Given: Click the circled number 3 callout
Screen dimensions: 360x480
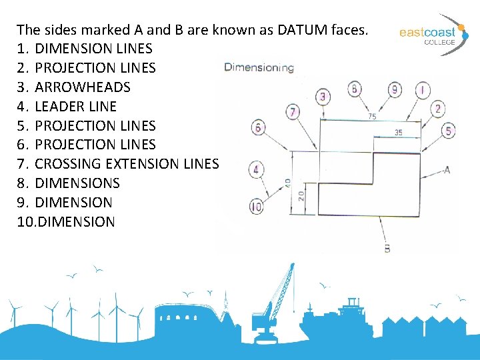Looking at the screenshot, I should pos(324,97).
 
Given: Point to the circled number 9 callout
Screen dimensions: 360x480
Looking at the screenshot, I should pos(395,89).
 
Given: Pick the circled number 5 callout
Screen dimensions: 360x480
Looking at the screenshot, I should pos(449,131).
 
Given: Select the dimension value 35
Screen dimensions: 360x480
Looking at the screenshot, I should pos(398,133).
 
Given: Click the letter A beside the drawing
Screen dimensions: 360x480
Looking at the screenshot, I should pos(446,170).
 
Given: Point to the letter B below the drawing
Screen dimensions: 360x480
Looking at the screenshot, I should pos(387,248).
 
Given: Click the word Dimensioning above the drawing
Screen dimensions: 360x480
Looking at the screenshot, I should pos(259,67).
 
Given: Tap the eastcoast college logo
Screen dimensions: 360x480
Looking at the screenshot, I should pos(428,33).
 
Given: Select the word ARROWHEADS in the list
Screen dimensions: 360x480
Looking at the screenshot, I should pos(82,87).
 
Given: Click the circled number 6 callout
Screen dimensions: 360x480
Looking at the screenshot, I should pos(257,127).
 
